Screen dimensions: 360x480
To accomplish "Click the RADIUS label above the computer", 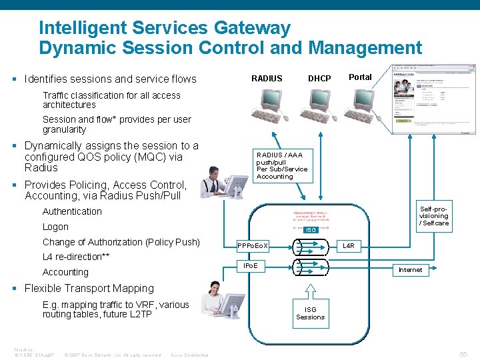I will [267, 79].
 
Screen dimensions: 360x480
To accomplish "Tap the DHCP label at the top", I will [319, 79].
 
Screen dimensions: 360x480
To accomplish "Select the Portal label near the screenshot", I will [360, 77].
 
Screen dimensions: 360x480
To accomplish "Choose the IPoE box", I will [251, 266].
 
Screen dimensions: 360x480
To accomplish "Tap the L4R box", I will [348, 246].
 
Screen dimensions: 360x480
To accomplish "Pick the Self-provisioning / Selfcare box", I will [434, 216].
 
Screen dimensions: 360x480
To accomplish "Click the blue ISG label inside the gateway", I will [309, 230].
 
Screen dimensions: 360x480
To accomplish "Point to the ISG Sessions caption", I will [310, 313].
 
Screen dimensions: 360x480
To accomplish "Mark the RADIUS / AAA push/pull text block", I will [281, 165].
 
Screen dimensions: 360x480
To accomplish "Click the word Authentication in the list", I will [72, 211].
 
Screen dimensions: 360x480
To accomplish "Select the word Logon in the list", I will [55, 227].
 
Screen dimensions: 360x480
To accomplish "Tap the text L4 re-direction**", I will [76, 257].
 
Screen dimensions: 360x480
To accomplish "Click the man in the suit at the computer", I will [219, 180].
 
